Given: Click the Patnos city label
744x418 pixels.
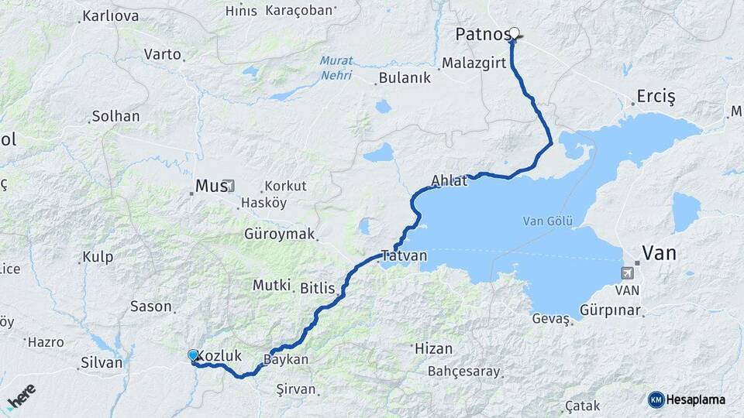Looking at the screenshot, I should (x=482, y=34).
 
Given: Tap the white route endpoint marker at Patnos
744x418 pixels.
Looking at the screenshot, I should (x=514, y=33).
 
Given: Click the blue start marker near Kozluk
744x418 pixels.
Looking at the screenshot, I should (x=193, y=355).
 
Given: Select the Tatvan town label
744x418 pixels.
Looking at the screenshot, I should (x=403, y=256).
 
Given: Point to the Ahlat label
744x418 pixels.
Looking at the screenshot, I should (x=449, y=181).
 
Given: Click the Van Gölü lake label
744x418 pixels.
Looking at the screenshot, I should (x=547, y=221).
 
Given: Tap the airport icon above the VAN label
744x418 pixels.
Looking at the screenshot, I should (x=629, y=272).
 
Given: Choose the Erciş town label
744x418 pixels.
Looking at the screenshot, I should (x=656, y=97).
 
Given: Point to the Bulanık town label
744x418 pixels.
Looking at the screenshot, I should (x=403, y=78).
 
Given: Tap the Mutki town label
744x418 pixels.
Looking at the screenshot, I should (x=271, y=286).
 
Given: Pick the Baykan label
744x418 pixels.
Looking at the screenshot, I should (x=286, y=360).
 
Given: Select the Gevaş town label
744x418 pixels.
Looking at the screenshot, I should (x=551, y=318).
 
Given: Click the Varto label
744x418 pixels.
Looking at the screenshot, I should (x=163, y=54).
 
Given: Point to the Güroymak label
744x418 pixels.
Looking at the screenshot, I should (x=279, y=233).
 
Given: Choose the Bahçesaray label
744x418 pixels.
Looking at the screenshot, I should (x=464, y=372).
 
